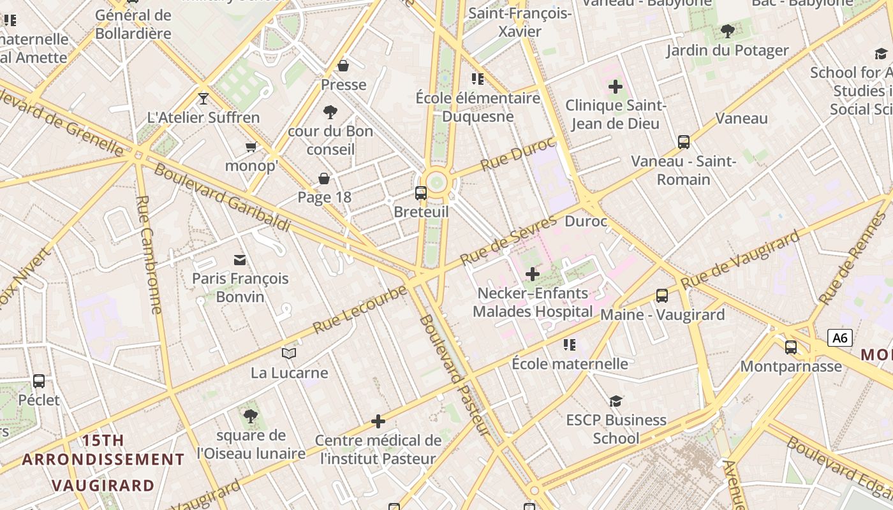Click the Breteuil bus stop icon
coord(421,193)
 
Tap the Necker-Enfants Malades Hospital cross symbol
coord(532,274)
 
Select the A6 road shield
coord(840,338)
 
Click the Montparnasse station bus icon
coord(791,347)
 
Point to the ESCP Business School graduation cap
coord(616,401)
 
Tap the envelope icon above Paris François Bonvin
coord(240,259)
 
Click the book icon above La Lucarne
coord(289,353)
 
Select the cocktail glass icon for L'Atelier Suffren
coord(203,99)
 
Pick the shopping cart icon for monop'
coord(251,147)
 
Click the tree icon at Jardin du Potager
coord(727,31)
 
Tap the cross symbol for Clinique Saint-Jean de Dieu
coord(616,87)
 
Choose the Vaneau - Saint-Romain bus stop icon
coord(684,142)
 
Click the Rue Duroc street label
coord(518,154)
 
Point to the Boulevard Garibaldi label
coord(222,198)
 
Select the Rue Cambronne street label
coord(149,254)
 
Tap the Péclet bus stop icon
coord(39,381)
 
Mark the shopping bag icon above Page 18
coord(324,178)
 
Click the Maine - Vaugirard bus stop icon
coord(662,296)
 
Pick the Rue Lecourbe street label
coord(360,310)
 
